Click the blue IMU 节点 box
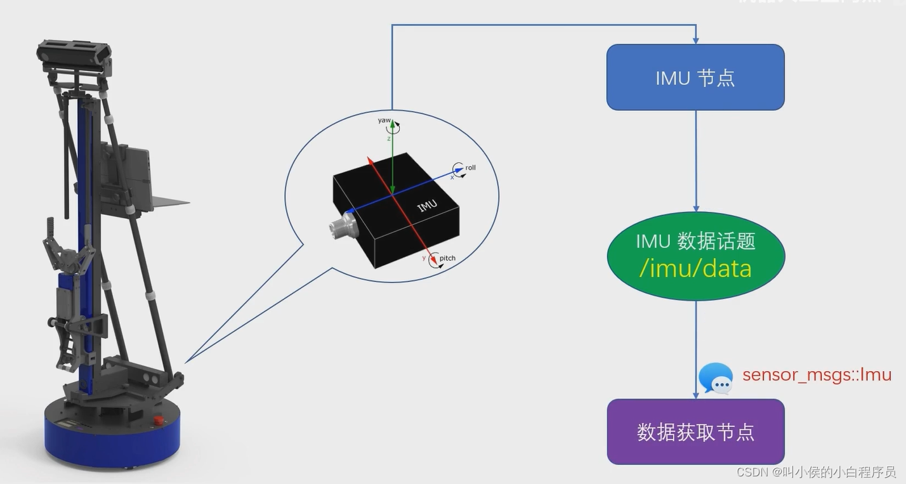pyautogui.click(x=695, y=77)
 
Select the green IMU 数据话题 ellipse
pyautogui.click(x=695, y=256)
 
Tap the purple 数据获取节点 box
pyautogui.click(x=695, y=431)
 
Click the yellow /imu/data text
pyautogui.click(x=695, y=268)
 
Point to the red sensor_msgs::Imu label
pyautogui.click(x=817, y=374)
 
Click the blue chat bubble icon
pyautogui.click(x=716, y=379)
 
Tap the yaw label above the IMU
pyautogui.click(x=384, y=120)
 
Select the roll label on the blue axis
pyautogui.click(x=470, y=168)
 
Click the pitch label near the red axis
pyautogui.click(x=447, y=258)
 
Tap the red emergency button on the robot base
pyautogui.click(x=159, y=420)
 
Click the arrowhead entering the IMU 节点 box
pyautogui.click(x=695, y=40)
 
